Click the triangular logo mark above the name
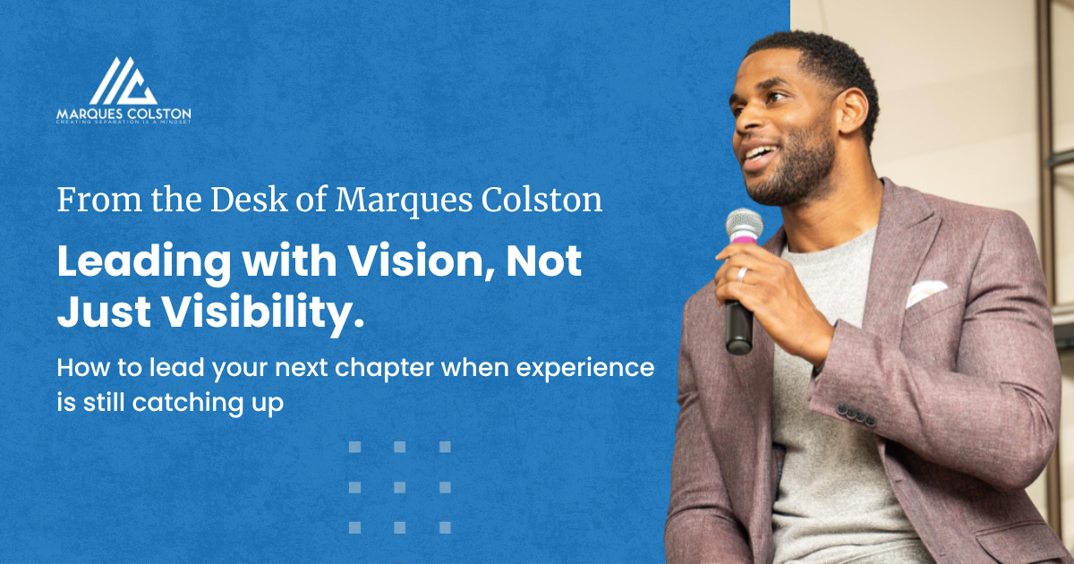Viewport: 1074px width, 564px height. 123,81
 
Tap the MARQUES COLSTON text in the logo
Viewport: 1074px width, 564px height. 124,114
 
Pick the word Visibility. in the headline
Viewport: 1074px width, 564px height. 260,312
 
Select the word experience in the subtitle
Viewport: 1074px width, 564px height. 602,368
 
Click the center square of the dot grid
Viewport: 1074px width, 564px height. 399,487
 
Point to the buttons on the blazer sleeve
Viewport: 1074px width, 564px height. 856,414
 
